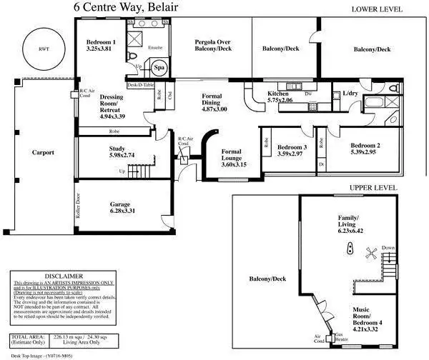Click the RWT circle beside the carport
pyautogui.click(x=41, y=49)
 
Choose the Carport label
pyautogui.click(x=43, y=152)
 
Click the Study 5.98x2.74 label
pyautogui.click(x=117, y=151)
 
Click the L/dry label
pyautogui.click(x=350, y=94)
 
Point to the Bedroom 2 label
pyautogui.click(x=363, y=148)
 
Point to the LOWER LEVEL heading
pyautogui.click(x=378, y=9)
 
